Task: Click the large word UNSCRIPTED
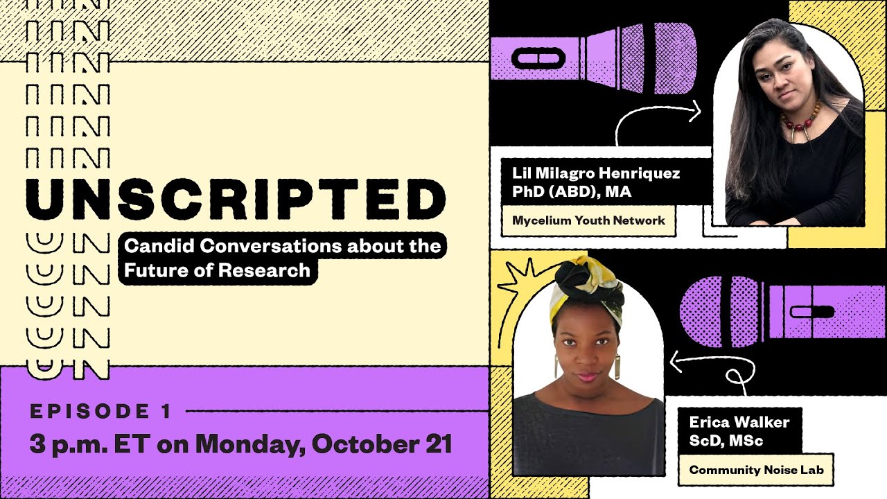pyautogui.click(x=236, y=199)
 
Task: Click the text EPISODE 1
pyautogui.click(x=100, y=412)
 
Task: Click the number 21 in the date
pyautogui.click(x=437, y=444)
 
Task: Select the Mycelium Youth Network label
pyautogui.click(x=588, y=220)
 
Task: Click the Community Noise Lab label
pyautogui.click(x=756, y=470)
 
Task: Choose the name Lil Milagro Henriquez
pyautogui.click(x=596, y=173)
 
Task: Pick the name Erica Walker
pyautogui.click(x=739, y=421)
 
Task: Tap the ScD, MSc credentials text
pyautogui.click(x=726, y=440)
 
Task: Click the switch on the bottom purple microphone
pyautogui.click(x=811, y=311)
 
